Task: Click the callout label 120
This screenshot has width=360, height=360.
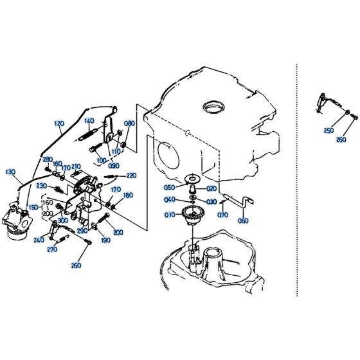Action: [60, 123]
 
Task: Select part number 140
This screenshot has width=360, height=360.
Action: [89, 121]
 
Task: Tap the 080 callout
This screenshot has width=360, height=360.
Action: [129, 123]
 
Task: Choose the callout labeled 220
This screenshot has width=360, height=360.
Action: [131, 175]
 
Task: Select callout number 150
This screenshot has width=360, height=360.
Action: [32, 208]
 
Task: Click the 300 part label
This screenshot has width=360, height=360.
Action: [62, 221]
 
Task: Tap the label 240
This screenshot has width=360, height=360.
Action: [39, 240]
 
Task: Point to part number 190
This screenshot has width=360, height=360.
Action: [105, 240]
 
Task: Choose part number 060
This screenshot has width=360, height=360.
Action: [243, 221]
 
